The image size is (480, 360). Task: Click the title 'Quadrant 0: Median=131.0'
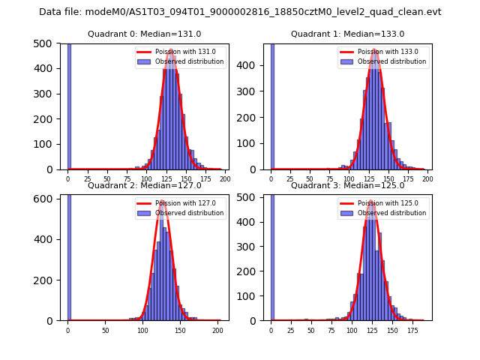(145, 34)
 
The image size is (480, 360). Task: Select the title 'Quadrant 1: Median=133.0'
(348, 34)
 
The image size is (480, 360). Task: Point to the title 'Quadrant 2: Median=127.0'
(145, 185)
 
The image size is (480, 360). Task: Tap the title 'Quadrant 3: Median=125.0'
(348, 185)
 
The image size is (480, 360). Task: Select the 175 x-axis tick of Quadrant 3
(412, 330)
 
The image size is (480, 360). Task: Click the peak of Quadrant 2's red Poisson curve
(162, 201)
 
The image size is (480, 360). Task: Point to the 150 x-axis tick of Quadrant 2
(180, 330)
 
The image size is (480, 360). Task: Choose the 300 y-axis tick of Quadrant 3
(253, 245)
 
